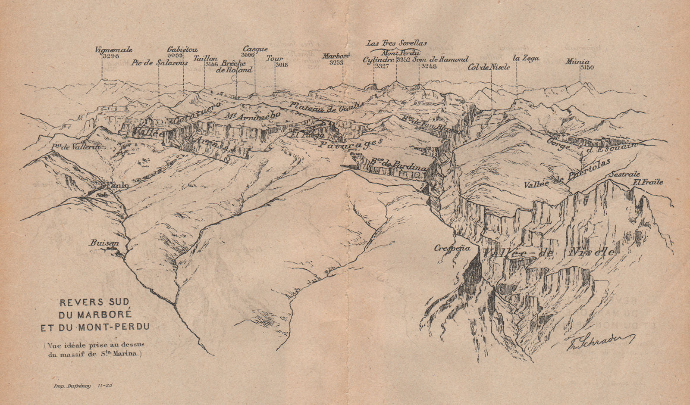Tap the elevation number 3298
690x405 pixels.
pyautogui.click(x=110, y=56)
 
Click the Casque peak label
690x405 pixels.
pyautogui.click(x=255, y=49)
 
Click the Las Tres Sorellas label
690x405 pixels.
pyautogui.click(x=396, y=43)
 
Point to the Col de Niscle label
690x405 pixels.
pyautogui.click(x=489, y=67)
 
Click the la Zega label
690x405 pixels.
pyautogui.click(x=526, y=58)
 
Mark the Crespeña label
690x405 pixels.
pyautogui.click(x=452, y=248)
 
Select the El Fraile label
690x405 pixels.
pyautogui.click(x=647, y=182)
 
